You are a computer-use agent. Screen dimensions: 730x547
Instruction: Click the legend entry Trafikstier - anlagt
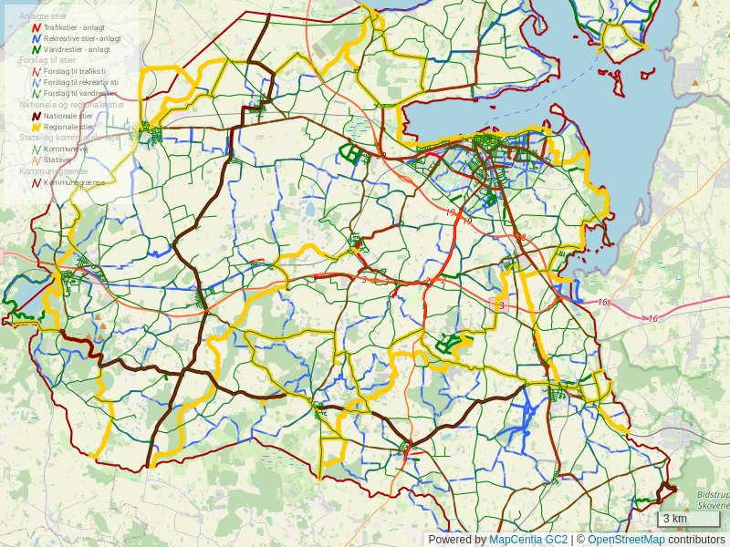[x=73, y=28]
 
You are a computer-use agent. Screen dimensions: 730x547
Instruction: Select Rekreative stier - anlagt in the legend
[x=81, y=39]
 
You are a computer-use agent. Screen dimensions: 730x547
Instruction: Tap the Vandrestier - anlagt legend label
[x=77, y=49]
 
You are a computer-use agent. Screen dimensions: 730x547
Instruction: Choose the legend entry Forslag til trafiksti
[x=74, y=71]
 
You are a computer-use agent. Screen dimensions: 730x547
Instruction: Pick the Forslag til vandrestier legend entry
[x=80, y=93]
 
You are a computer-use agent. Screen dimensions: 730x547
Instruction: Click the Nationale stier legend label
[x=68, y=116]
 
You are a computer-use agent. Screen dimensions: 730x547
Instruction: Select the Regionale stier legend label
[x=69, y=127]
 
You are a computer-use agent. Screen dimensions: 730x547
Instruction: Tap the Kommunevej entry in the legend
[x=66, y=149]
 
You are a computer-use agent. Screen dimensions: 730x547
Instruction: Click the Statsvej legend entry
[x=57, y=160]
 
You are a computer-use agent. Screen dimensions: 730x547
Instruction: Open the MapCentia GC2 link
[x=528, y=540]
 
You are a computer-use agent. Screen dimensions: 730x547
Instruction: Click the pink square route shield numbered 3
[x=500, y=305]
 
